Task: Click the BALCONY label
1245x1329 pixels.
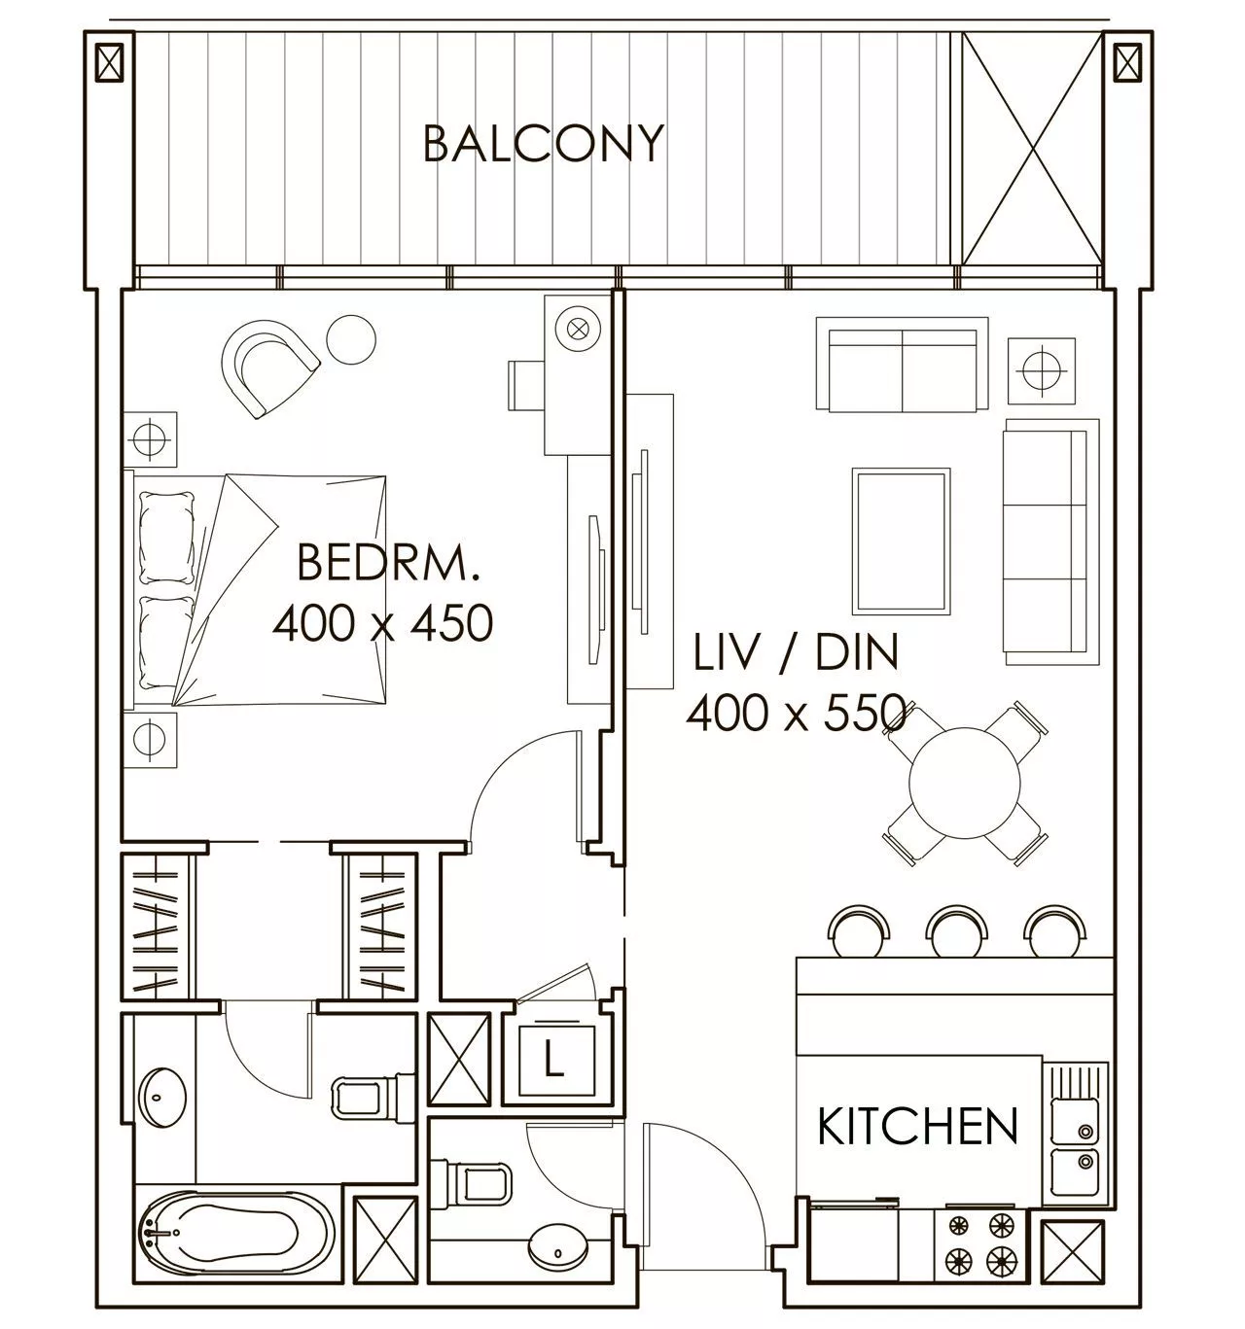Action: coord(543,143)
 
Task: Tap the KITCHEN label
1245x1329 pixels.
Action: coord(917,1126)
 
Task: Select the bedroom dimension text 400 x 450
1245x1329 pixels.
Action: coord(382,623)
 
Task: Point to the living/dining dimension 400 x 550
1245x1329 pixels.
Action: coord(796,712)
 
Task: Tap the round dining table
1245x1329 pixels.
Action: coord(965,783)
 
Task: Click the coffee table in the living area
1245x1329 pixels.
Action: coord(901,541)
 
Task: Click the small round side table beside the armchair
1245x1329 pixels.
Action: coord(351,339)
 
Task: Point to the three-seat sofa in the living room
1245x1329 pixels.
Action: coord(1050,542)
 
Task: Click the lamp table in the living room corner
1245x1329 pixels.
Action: coord(1042,370)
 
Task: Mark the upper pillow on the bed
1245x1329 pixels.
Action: coord(167,538)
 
